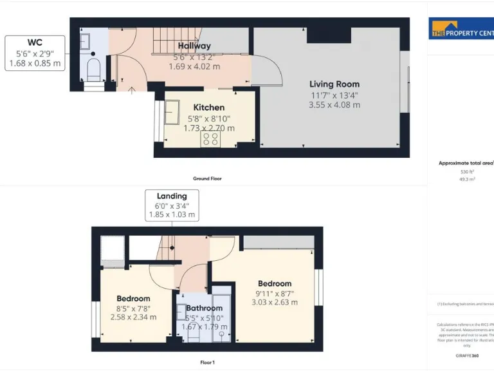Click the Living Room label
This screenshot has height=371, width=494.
334,84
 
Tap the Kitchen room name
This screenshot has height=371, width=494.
209,108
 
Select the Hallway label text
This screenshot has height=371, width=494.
194,46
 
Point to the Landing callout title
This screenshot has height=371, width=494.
172,196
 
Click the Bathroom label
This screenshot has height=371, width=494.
204,309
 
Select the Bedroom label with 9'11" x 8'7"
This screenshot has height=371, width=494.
275,283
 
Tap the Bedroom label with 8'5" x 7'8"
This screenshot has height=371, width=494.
133,298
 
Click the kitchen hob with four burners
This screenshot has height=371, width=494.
210,138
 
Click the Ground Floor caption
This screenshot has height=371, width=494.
207,178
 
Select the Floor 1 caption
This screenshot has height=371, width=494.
207,363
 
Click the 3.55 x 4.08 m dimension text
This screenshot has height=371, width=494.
334,104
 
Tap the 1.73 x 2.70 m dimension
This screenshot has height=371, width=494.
209,128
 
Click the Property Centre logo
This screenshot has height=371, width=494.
461,30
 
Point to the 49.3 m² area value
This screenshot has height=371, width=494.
466,180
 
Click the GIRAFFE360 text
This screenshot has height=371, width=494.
466,356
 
